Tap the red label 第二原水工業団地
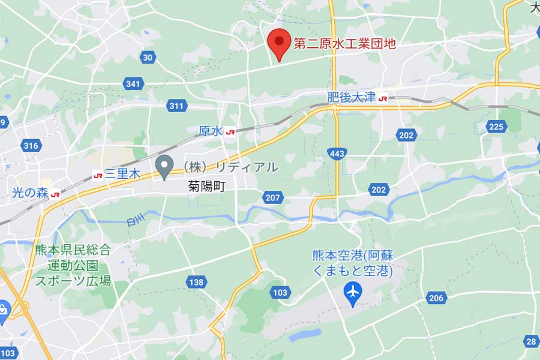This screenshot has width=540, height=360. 344,43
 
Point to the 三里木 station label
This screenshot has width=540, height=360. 122,175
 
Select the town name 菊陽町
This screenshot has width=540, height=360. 206,187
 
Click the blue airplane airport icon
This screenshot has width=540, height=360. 353,292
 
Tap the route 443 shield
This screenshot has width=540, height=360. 337,154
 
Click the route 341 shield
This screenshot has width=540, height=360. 133,83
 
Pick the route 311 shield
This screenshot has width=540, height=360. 176,106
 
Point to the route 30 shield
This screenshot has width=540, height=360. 148,57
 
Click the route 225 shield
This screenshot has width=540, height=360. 496,127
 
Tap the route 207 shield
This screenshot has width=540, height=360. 272,197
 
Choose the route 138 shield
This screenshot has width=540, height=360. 196,281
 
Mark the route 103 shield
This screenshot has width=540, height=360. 280,292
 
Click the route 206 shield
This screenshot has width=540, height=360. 436,298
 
